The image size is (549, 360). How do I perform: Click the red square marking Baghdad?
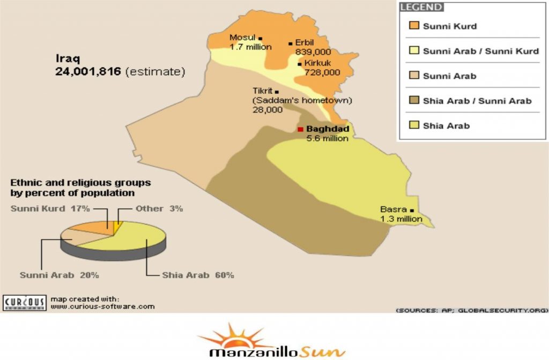[301, 129]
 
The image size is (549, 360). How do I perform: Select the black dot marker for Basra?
[412, 209]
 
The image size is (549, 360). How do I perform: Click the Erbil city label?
[305, 42]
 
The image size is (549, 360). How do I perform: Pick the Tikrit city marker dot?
[277, 92]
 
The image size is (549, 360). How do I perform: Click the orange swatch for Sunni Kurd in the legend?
[413, 26]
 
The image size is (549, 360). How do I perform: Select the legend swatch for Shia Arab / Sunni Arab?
[413, 101]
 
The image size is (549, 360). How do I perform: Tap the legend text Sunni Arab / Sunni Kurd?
[480, 51]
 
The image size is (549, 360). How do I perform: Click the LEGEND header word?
[421, 7]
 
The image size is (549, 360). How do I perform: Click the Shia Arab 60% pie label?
[198, 275]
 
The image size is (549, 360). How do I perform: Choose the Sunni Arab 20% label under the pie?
[59, 275]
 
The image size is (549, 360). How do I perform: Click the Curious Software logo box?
[24, 302]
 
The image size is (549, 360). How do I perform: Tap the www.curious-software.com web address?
[102, 306]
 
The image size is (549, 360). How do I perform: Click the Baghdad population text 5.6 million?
[327, 138]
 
